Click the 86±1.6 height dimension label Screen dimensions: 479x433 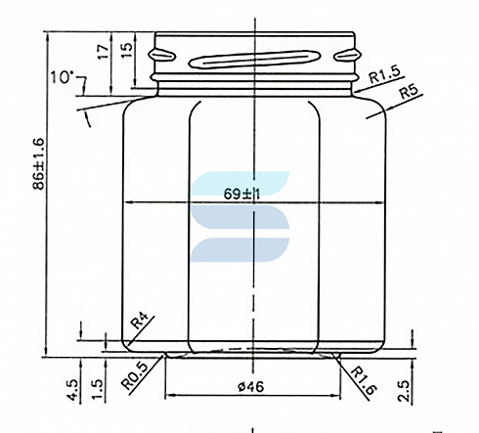coord(39,163)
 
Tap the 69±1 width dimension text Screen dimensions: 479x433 coord(241,195)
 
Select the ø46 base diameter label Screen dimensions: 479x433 coord(251,387)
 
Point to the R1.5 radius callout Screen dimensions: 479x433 coord(384,75)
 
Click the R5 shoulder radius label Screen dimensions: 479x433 coord(409,91)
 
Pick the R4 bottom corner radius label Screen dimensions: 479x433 coord(140,321)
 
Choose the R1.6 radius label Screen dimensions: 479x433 coord(364,380)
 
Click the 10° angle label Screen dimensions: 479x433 coord(61,78)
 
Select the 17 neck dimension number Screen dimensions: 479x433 coord(104,52)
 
